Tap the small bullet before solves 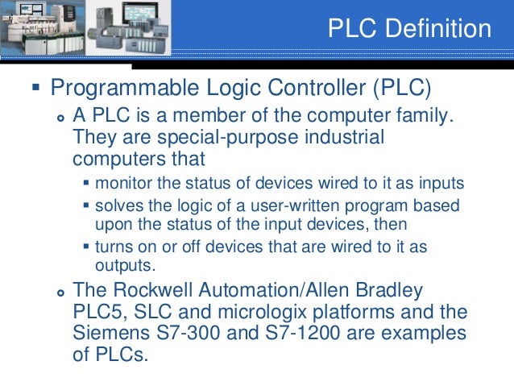click(87, 205)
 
